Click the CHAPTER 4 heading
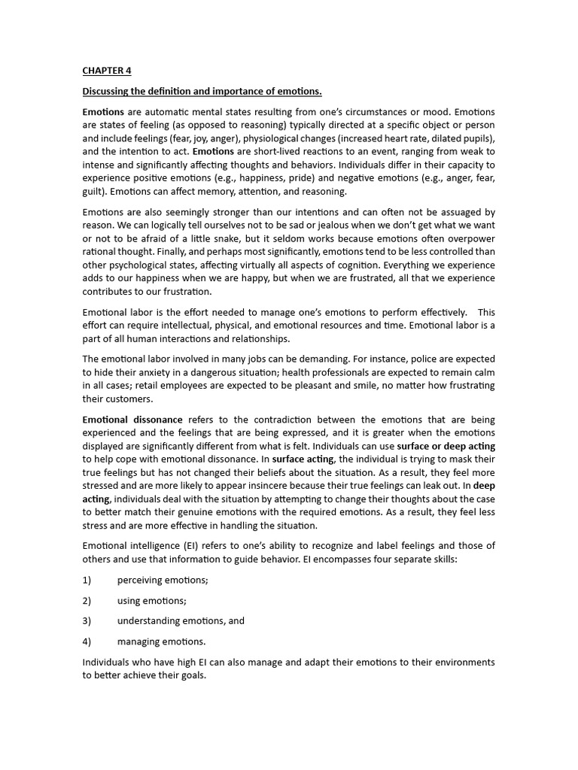[x=106, y=71]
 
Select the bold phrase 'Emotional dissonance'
[x=132, y=420]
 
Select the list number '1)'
[x=87, y=580]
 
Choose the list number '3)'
[x=87, y=621]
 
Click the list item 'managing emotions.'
[x=161, y=641]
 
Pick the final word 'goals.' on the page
[x=190, y=675]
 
